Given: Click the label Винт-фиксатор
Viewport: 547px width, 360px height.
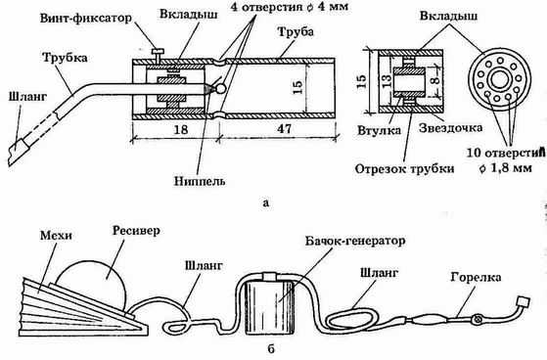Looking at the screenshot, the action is [x=86, y=19].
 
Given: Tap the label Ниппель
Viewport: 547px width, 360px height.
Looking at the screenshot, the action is [x=200, y=181].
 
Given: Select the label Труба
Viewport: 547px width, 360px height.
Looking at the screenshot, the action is [x=296, y=31].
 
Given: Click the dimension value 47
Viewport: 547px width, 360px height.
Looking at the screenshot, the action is [x=285, y=129].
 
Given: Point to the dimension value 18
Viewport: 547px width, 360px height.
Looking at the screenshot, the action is [x=180, y=129].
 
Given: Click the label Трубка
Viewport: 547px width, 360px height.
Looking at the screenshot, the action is [x=65, y=58].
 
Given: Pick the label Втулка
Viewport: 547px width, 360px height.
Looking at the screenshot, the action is [x=380, y=130].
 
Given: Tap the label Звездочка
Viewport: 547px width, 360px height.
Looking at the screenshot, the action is [x=451, y=128].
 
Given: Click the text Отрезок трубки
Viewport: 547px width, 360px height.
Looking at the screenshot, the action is [x=405, y=169].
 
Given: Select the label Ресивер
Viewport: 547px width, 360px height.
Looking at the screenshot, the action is [x=136, y=231].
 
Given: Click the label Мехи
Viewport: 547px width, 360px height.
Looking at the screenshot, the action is [x=56, y=236].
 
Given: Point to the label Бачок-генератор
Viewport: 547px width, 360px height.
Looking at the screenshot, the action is [x=355, y=241].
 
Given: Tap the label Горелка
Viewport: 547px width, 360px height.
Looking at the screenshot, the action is [x=476, y=277].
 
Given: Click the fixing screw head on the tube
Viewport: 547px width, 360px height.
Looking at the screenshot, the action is [x=158, y=52].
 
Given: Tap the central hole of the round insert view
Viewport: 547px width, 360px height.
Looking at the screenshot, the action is [x=500, y=79].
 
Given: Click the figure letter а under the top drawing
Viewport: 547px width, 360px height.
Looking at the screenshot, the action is [x=266, y=202].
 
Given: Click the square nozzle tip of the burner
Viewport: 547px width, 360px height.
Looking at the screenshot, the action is [x=524, y=303].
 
